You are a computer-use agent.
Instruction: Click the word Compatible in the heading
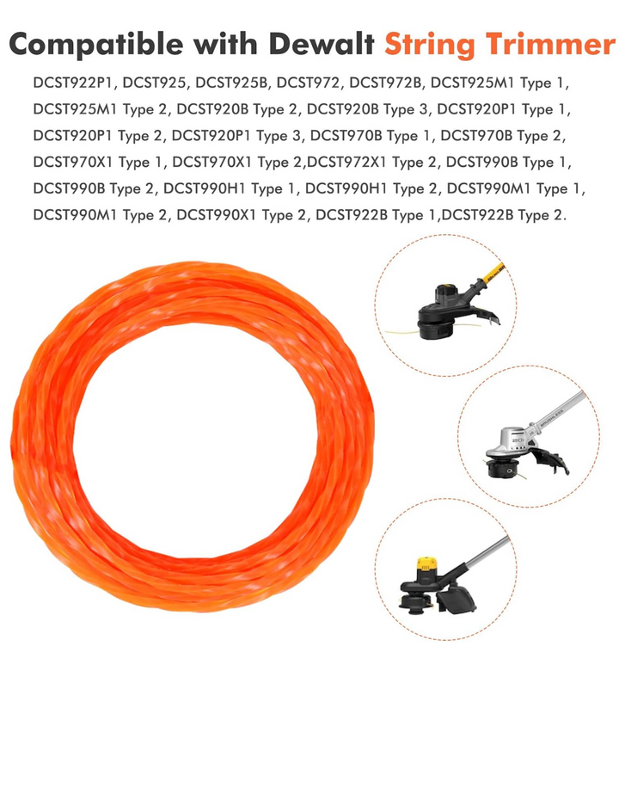tap(95, 45)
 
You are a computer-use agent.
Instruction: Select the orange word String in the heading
tap(429, 45)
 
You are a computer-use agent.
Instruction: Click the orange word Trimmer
tap(549, 44)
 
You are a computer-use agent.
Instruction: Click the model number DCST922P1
tap(75, 83)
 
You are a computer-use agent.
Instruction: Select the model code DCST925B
tap(231, 83)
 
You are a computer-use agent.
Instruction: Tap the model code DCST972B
tap(385, 83)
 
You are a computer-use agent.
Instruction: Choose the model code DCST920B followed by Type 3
tap(343, 109)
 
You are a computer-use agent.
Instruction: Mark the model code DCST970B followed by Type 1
tap(346, 136)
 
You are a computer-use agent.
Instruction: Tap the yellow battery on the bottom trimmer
tap(426, 564)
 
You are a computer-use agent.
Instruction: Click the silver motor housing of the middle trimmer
tap(510, 440)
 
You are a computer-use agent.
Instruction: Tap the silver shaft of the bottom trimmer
tap(487, 552)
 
